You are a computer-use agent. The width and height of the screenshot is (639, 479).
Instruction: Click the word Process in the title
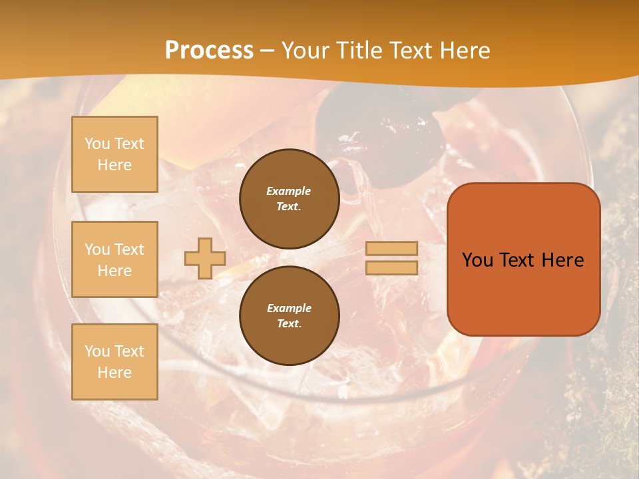point(209,51)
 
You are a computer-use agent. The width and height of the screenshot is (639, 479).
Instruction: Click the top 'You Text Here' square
point(114,154)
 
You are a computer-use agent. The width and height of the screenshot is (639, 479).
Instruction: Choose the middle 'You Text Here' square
point(114,259)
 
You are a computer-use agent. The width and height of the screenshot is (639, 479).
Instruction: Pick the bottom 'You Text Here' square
point(114,362)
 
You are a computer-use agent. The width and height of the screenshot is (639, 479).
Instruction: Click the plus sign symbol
point(205,258)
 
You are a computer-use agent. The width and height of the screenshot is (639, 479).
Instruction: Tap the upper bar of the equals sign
point(392,248)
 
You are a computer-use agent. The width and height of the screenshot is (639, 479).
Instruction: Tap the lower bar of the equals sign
point(392,267)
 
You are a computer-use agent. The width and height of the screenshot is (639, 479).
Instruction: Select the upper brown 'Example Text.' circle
point(289,199)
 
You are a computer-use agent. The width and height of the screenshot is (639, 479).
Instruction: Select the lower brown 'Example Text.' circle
point(289,316)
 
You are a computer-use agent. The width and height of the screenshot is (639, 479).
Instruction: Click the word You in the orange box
point(477,260)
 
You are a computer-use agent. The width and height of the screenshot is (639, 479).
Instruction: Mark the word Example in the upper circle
point(289,191)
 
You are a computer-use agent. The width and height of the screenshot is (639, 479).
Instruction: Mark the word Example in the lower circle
point(289,308)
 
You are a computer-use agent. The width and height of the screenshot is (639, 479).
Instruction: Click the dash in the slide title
point(268,51)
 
